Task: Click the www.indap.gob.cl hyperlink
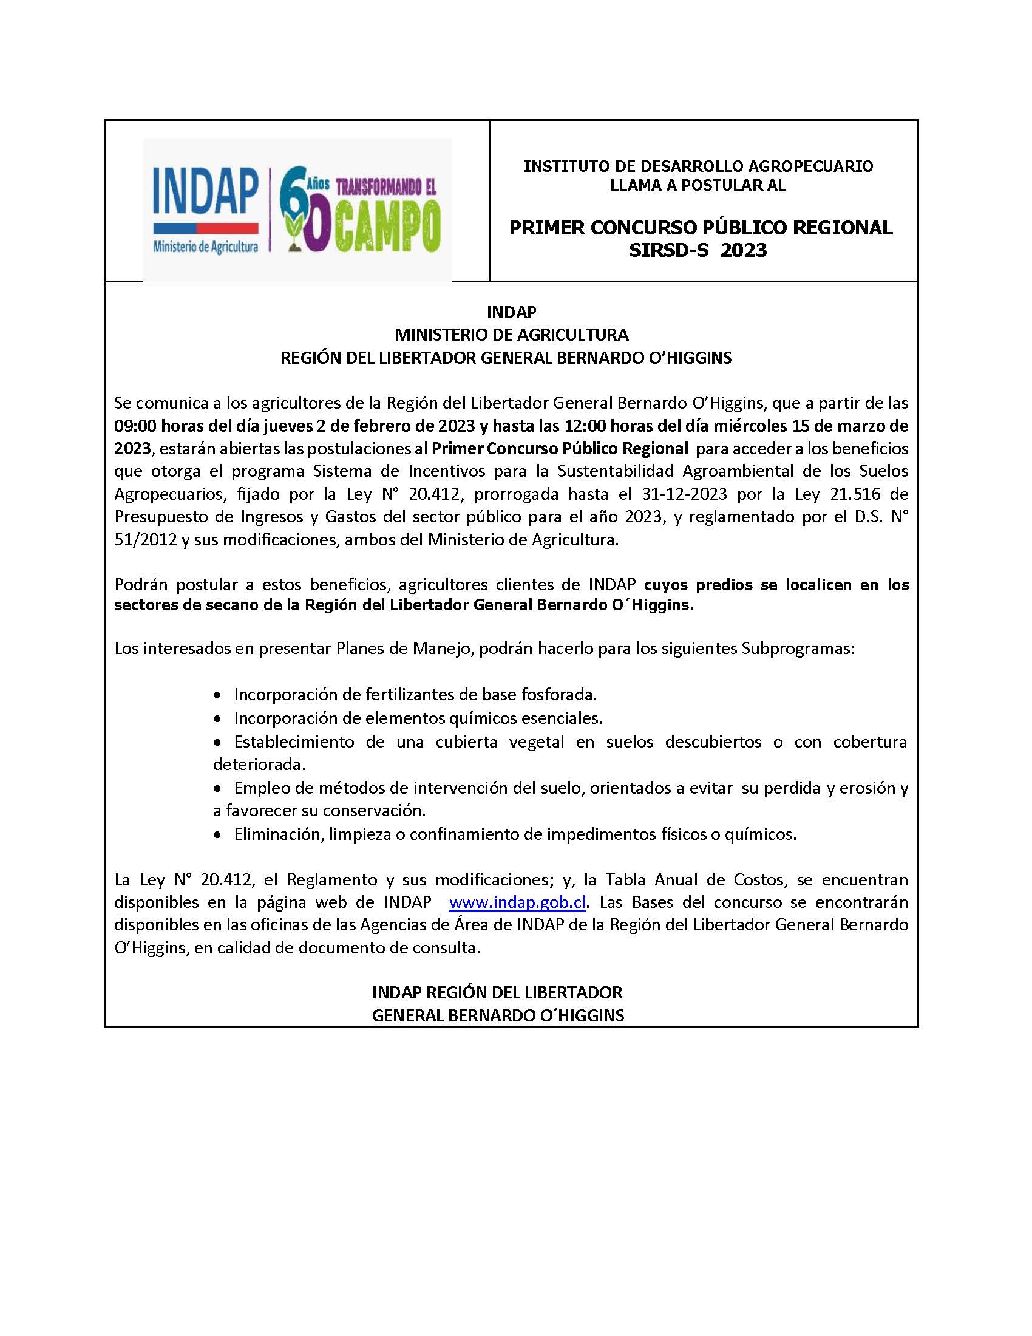pyautogui.click(x=517, y=902)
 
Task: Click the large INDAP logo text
pyautogui.click(x=205, y=191)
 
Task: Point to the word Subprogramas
pyautogui.click(x=797, y=648)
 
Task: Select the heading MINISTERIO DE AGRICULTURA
pyautogui.click(x=511, y=335)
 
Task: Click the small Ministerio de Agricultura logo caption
pyautogui.click(x=205, y=247)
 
